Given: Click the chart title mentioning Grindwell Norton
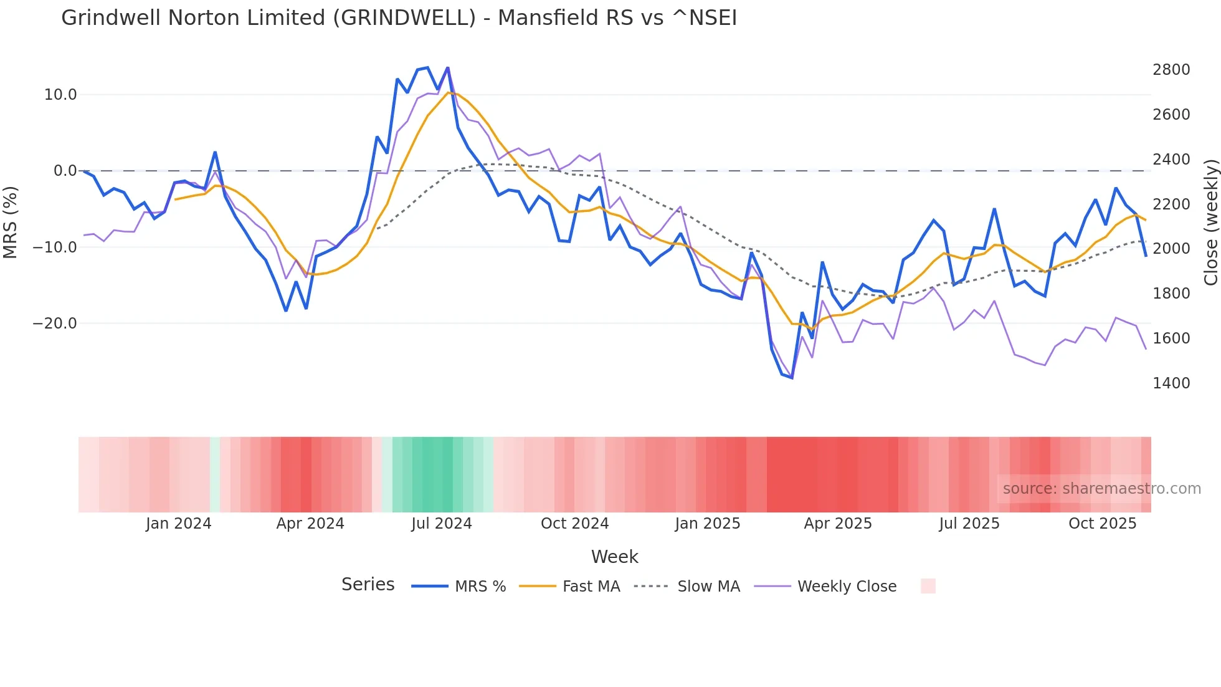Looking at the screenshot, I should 399,18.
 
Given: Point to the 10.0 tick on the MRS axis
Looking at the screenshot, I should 60,95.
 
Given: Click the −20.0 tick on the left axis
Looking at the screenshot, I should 55,324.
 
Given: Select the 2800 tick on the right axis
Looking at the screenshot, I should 1171,70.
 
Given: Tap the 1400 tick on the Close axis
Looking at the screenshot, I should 1171,383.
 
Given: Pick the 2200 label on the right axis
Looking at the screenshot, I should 1171,204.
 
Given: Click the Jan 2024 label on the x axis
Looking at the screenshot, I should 179,524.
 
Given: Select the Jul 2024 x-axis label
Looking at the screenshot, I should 442,524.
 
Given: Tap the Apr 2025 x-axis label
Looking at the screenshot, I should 838,524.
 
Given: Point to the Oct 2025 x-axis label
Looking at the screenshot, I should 1103,524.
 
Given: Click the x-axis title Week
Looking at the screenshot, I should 614,557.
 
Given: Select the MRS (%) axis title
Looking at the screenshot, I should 11,222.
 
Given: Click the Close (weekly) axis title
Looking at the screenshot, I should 1210,222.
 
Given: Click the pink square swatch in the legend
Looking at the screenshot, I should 928,586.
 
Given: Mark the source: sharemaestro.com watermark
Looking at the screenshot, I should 1101,489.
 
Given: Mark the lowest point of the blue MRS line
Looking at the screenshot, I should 792,378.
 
